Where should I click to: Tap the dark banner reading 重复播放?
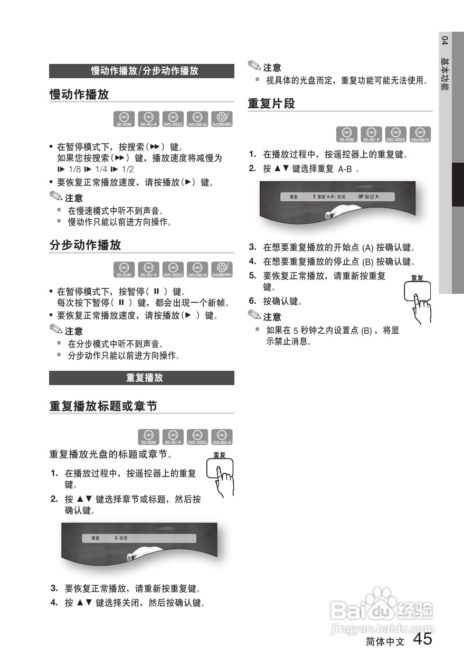tap(141, 378)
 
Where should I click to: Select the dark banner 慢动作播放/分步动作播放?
tap(141, 71)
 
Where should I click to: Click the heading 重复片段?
tap(271, 104)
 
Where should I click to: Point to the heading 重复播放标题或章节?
tap(103, 407)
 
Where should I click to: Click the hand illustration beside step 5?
tap(419, 300)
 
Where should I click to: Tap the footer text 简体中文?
tap(385, 642)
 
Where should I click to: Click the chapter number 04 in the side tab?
tap(445, 41)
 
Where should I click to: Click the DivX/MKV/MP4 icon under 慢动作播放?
tap(222, 119)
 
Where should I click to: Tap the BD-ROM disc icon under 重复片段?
tap(346, 135)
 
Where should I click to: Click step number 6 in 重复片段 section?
tap(252, 301)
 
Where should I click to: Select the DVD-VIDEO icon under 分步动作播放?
tap(173, 269)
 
